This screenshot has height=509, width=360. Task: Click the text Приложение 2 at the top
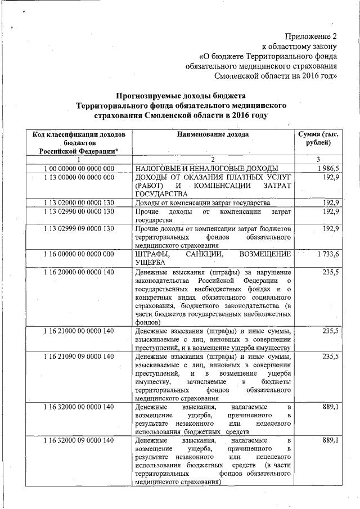310,35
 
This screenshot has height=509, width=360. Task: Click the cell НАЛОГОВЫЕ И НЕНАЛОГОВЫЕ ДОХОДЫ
207,169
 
